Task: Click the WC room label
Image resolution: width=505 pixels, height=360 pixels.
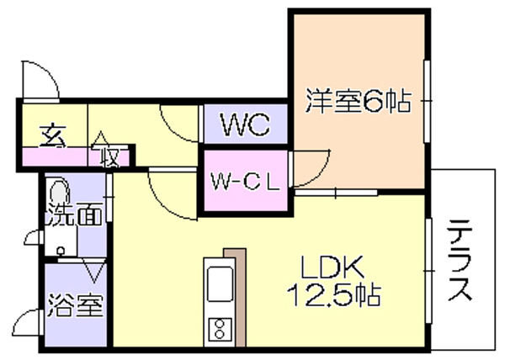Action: tap(244, 126)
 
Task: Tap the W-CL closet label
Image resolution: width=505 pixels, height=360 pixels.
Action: tap(245, 181)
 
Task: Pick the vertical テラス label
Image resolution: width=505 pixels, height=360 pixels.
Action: tap(460, 260)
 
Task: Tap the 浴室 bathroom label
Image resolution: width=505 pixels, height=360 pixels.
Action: tap(76, 303)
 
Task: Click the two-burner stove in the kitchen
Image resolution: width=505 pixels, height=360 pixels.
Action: tap(219, 327)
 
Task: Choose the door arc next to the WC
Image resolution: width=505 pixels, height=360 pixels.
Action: tap(178, 122)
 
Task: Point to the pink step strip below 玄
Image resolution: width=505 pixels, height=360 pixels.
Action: tap(54, 156)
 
